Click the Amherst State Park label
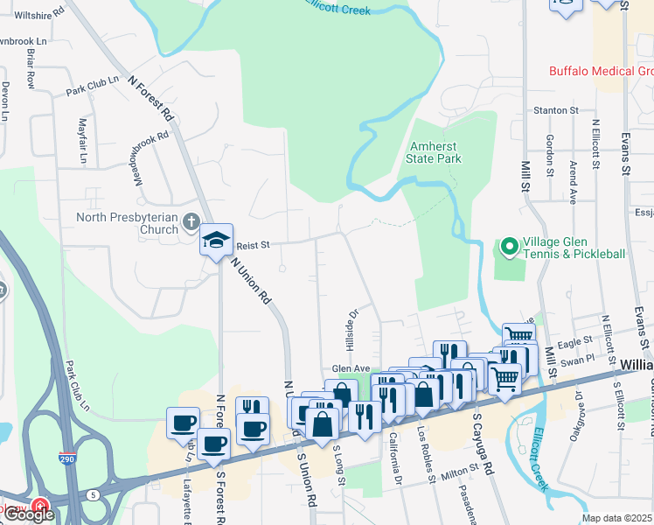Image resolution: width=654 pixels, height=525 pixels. click(x=434, y=152)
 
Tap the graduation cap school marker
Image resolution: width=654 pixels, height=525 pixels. click(x=215, y=239)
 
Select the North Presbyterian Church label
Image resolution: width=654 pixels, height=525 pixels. click(x=128, y=224)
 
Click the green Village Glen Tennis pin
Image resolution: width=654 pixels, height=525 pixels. click(x=508, y=248)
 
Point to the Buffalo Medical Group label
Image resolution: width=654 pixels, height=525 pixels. click(x=601, y=72)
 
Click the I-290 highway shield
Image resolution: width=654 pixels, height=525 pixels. click(x=66, y=458)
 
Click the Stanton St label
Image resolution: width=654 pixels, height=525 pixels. click(x=556, y=111)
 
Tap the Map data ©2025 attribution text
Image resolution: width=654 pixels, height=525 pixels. click(x=616, y=518)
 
